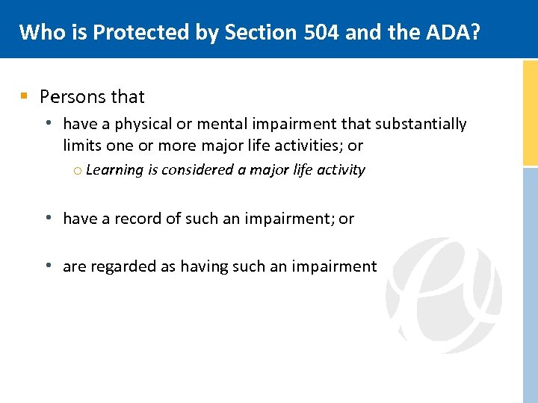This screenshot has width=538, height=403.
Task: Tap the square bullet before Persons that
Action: click(25, 96)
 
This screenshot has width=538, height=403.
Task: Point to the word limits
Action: click(83, 146)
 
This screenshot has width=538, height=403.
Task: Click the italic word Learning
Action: click(114, 170)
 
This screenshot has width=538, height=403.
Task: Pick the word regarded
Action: click(123, 267)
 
